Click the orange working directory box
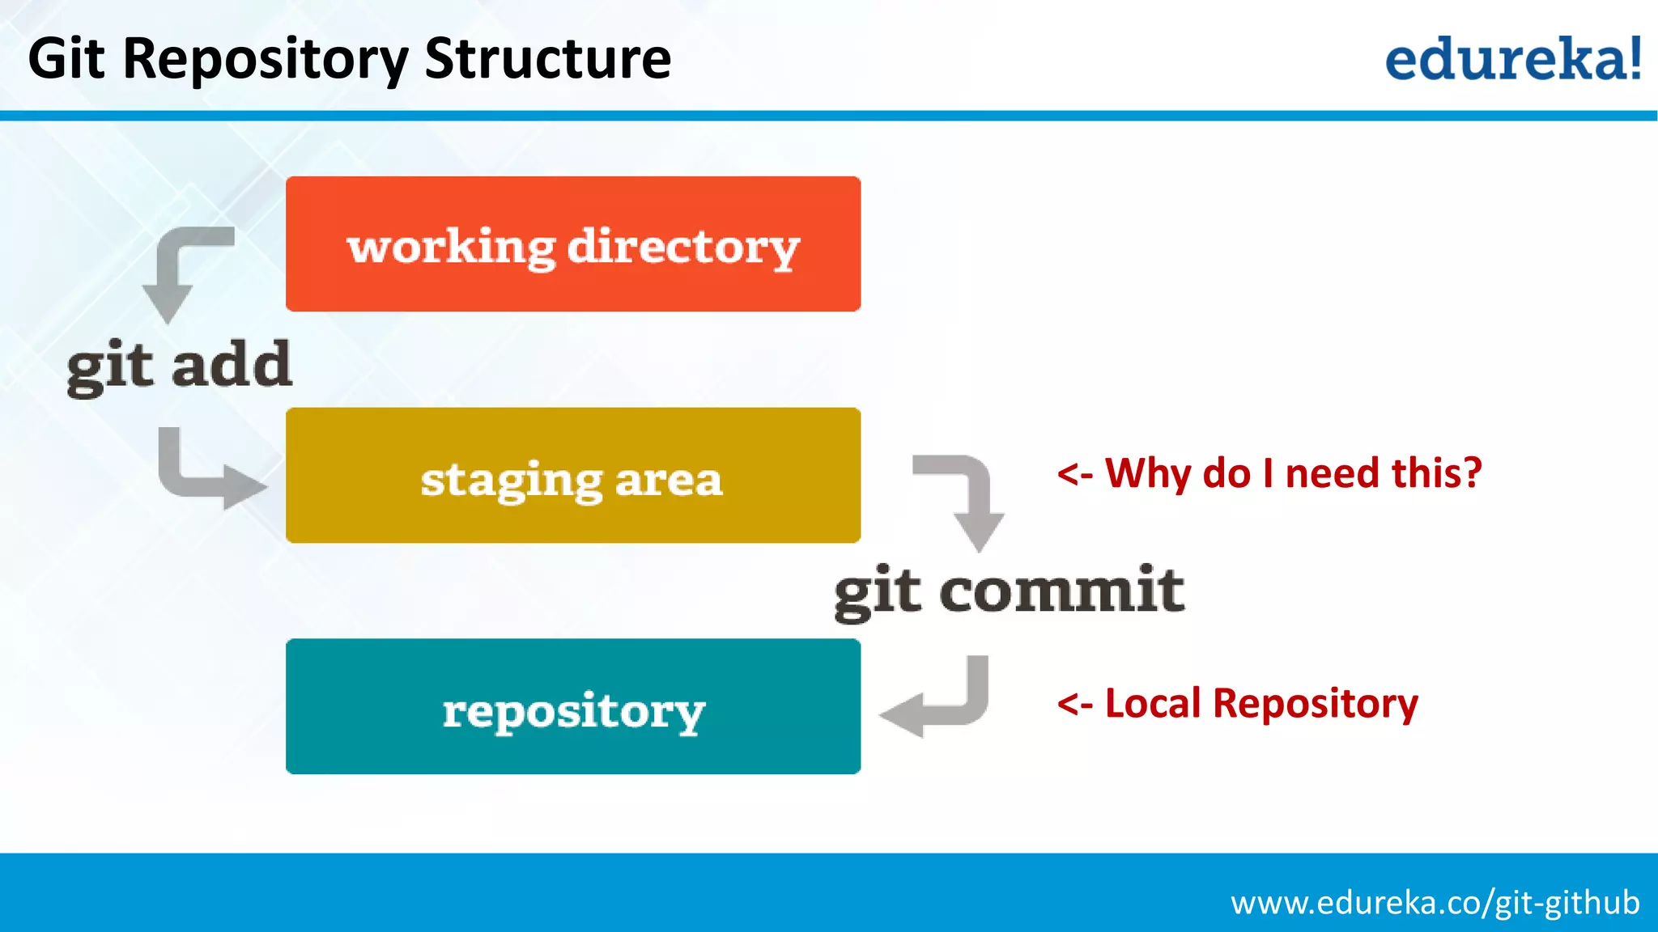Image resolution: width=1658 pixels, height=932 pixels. coord(573,244)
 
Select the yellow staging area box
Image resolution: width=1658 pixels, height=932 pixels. coord(573,475)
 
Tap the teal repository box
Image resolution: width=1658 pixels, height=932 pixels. coord(573,706)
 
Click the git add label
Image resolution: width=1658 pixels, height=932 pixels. coord(179,366)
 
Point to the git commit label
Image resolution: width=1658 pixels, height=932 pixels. coord(1009,591)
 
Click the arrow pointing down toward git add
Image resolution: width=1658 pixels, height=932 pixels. coord(182,272)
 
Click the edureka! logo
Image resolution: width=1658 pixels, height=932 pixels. coord(1512,59)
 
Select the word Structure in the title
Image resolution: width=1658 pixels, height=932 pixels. coord(547,59)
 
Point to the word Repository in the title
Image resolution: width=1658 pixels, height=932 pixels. coord(266,61)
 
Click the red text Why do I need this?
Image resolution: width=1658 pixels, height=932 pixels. coord(1269,473)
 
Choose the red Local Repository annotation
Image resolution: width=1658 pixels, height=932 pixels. coord(1237,703)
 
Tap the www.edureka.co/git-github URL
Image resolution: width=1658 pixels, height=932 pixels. coord(1435,902)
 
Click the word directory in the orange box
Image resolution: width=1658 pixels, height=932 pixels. coord(683,247)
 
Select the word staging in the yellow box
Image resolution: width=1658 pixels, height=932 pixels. coord(511,481)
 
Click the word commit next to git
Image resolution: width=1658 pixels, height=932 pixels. coord(1061,590)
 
